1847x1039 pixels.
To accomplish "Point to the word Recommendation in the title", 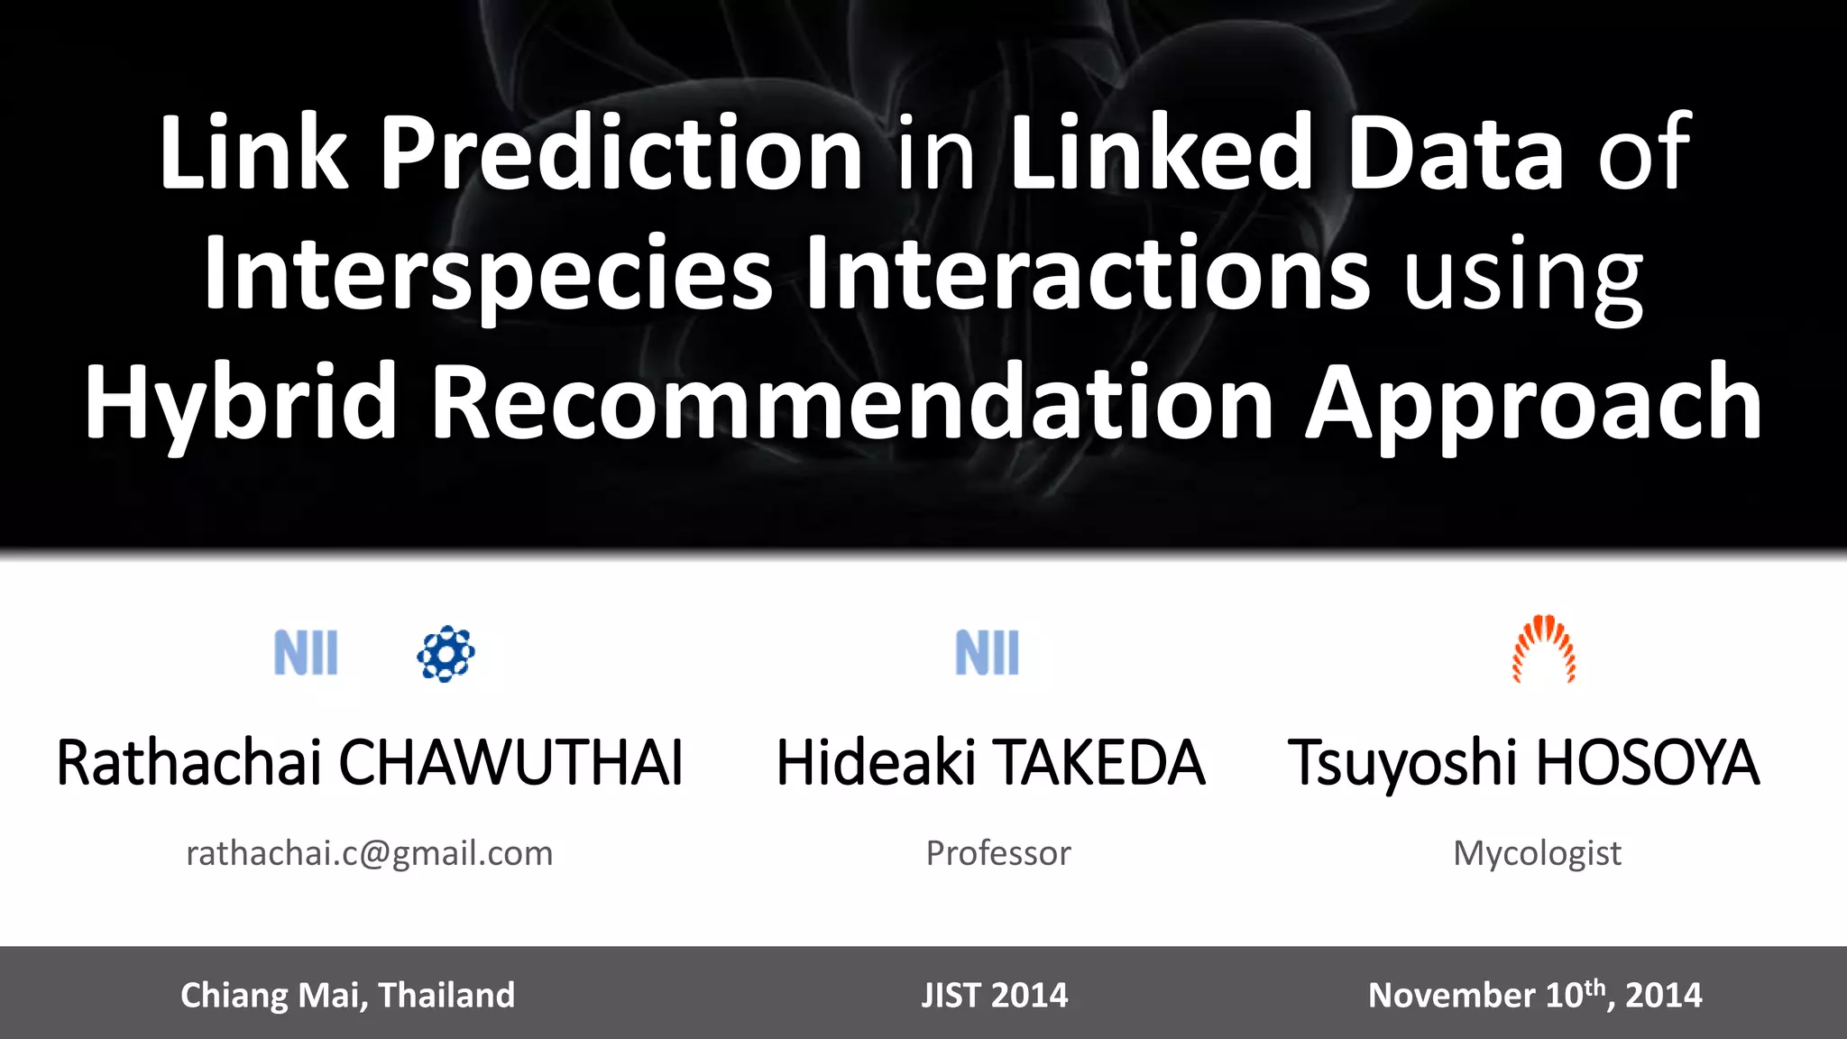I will (x=852, y=401).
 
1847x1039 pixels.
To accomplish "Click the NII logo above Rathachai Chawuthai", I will (x=306, y=653).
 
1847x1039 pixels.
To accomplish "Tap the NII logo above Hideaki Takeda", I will (x=987, y=653).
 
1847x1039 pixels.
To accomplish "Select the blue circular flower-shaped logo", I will (x=446, y=653).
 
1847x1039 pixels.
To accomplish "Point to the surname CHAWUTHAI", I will (x=510, y=763).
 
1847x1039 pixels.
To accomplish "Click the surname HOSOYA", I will (x=1647, y=763).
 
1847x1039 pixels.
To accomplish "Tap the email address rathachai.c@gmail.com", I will (x=369, y=853).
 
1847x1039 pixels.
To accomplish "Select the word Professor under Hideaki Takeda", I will (x=998, y=853).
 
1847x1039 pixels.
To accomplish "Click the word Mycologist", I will (x=1537, y=853).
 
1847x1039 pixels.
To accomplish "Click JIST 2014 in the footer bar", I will (x=994, y=995).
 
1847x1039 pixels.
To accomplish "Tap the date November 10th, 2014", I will (x=1534, y=995).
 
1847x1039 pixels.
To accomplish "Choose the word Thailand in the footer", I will (x=446, y=995).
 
